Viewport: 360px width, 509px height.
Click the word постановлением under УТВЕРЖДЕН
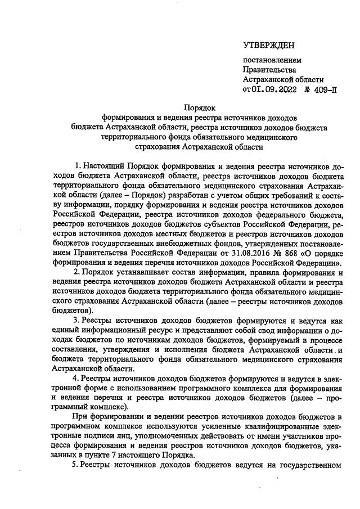pos(272,60)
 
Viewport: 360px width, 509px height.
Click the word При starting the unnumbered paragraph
pos(82,416)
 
